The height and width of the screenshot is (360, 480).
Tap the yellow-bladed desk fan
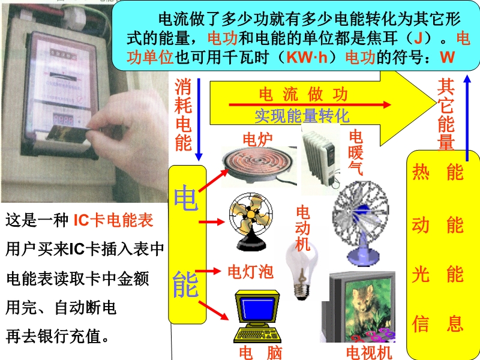click(x=251, y=221)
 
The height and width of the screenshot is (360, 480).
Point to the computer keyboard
click(x=257, y=335)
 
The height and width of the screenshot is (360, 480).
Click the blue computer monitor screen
click(x=257, y=308)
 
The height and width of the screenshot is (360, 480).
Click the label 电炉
click(x=257, y=139)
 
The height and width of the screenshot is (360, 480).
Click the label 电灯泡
click(x=250, y=271)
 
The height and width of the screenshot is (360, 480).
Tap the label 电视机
click(x=369, y=353)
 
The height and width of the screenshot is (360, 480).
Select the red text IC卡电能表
click(x=113, y=220)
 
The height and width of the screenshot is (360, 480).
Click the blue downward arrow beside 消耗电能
click(x=199, y=119)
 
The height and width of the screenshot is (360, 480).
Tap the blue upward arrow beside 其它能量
click(x=467, y=118)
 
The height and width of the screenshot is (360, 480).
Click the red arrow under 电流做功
click(x=310, y=104)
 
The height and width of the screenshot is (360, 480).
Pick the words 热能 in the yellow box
click(x=438, y=172)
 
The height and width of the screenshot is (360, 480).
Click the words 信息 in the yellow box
click(x=438, y=324)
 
